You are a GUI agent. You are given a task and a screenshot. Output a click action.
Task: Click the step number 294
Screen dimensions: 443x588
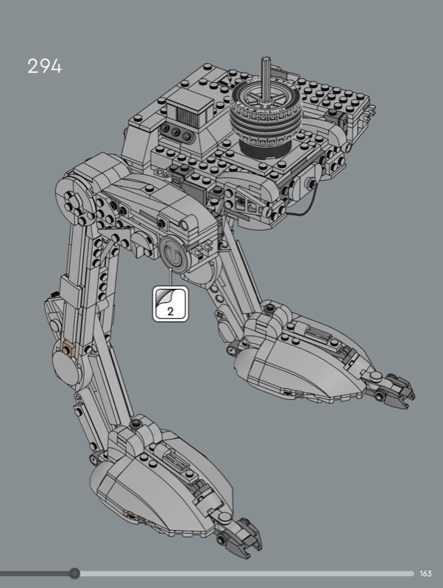tap(45, 66)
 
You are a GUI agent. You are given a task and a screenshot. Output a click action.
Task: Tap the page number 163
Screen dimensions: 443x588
tap(426, 573)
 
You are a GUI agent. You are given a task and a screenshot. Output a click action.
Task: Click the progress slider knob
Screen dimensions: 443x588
tap(74, 573)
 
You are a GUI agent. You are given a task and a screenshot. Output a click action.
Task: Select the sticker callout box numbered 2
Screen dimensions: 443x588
tap(170, 304)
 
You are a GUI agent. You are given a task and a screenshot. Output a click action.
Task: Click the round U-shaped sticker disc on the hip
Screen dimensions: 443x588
tap(174, 255)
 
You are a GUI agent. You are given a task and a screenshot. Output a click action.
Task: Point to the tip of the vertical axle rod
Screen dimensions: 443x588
tap(266, 59)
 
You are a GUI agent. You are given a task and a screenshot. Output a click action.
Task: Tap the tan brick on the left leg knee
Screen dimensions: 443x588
tap(68, 350)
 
